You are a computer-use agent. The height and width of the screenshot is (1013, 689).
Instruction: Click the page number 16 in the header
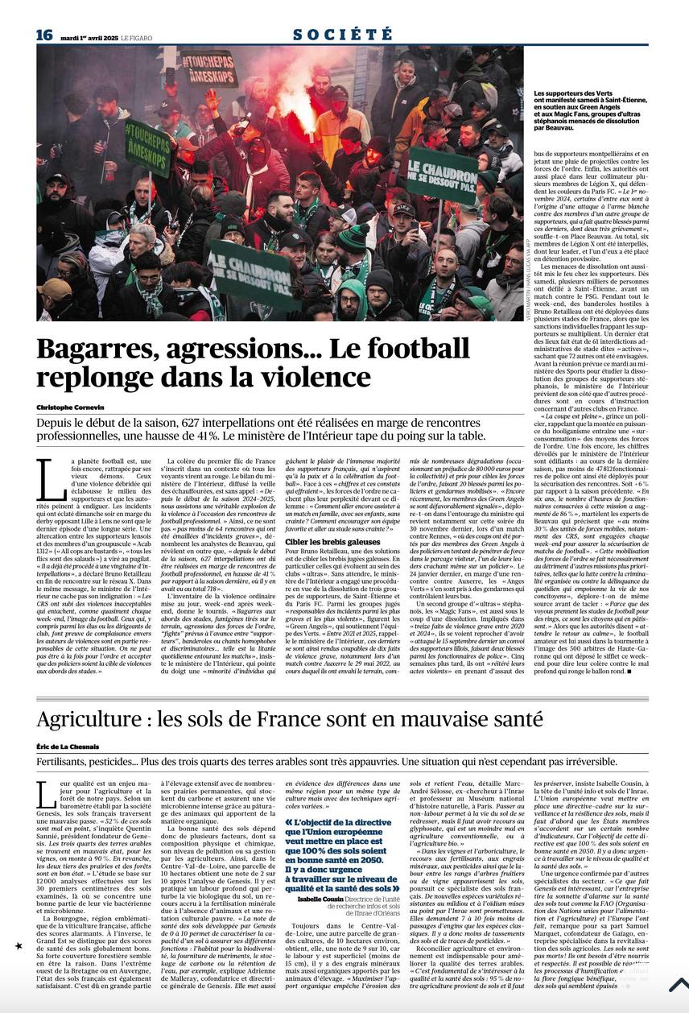click(x=44, y=35)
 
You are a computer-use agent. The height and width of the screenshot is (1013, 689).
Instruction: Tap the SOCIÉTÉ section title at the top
click(x=343, y=35)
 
